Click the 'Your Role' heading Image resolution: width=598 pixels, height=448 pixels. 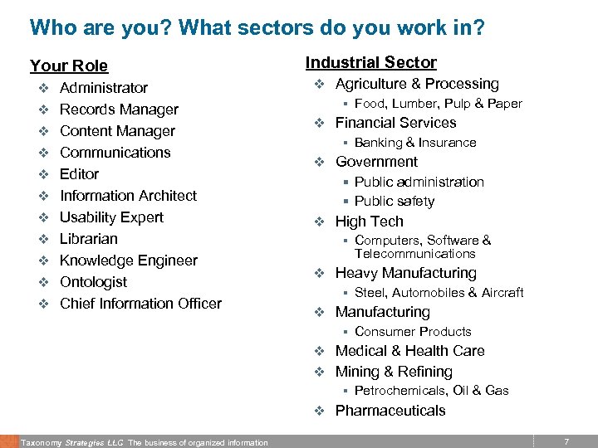(x=69, y=66)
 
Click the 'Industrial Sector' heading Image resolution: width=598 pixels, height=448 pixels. (x=370, y=62)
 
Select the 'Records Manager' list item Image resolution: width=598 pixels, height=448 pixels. (x=119, y=110)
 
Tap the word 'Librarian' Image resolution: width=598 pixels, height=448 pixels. (x=89, y=239)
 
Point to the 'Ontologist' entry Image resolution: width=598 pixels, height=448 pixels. (x=93, y=282)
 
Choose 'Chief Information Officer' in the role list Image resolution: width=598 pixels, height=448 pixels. (x=140, y=304)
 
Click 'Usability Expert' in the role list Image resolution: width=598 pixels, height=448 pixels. (x=111, y=217)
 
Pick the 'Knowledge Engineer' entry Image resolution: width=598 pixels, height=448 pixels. (x=128, y=261)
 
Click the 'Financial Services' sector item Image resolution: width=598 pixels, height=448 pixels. (x=395, y=123)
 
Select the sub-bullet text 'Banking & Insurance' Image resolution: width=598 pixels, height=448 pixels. (x=415, y=143)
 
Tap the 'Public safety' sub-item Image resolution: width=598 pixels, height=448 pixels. (x=394, y=201)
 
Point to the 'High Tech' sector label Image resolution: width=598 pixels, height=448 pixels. (x=369, y=222)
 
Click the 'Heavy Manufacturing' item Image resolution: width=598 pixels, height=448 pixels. (x=405, y=273)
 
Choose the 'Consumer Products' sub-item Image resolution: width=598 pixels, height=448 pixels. (x=413, y=332)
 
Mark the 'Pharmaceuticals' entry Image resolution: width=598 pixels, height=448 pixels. (x=390, y=411)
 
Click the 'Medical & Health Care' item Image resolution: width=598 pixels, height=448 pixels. (x=409, y=351)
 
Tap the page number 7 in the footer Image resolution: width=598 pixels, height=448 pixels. (x=566, y=442)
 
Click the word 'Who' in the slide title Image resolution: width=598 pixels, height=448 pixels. (x=51, y=28)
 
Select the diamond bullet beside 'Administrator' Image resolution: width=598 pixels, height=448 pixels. (x=43, y=88)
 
